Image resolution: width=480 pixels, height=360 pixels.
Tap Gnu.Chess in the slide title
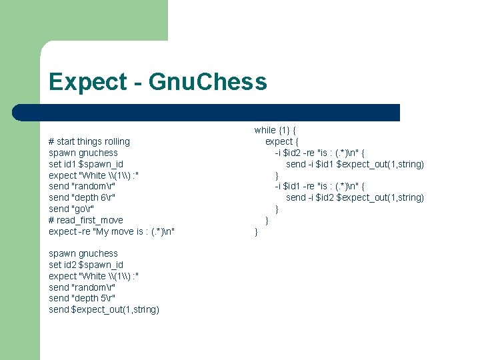[207, 82]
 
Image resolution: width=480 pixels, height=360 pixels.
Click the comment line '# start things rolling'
[89, 141]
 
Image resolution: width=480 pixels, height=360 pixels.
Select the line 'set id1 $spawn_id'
[86, 164]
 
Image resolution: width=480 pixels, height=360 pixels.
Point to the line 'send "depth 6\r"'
[82, 197]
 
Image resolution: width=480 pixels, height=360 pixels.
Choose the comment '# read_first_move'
[86, 220]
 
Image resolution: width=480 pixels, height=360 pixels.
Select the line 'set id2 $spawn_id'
[86, 265]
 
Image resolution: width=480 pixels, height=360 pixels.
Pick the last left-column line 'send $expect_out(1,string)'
[104, 309]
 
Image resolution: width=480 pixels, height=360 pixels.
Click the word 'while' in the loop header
[265, 130]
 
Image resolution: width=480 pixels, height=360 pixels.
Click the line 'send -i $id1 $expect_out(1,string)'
[355, 164]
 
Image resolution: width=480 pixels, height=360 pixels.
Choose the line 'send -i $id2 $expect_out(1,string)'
[355, 197]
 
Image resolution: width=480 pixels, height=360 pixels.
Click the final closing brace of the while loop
[256, 231]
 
